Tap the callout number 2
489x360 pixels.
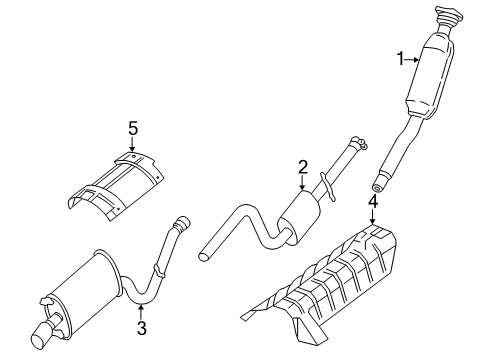[301, 170]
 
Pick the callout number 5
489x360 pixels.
[131, 129]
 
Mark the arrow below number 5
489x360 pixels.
[131, 145]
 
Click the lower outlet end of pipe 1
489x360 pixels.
[378, 184]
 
